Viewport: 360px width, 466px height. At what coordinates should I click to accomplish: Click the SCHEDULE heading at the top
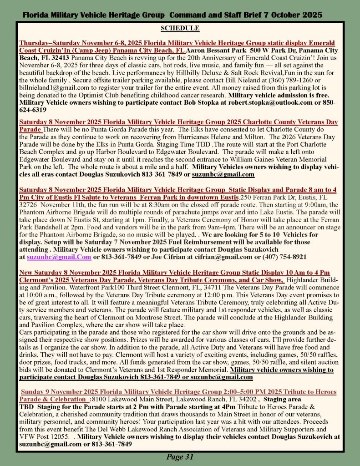180,28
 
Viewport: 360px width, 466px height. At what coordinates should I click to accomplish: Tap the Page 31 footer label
180,457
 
